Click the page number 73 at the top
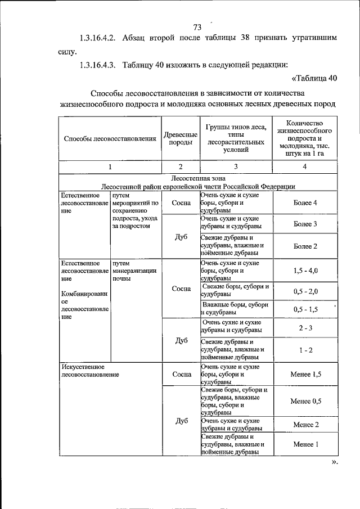pos(197,28)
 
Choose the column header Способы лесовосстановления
pos(110,138)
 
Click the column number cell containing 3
pos(236,166)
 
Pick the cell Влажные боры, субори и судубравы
pos(235,309)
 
